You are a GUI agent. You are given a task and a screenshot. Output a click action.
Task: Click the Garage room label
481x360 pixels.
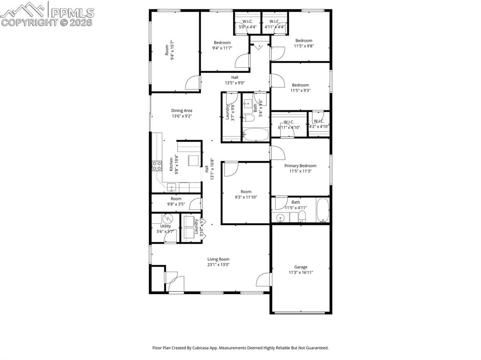click(301, 267)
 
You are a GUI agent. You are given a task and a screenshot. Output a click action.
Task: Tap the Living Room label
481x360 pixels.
click(218, 259)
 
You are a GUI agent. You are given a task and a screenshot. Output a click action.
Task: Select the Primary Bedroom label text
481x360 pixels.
click(300, 166)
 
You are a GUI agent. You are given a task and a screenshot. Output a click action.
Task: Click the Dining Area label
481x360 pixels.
click(181, 111)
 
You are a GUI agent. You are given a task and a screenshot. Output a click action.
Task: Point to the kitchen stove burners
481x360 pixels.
click(156, 165)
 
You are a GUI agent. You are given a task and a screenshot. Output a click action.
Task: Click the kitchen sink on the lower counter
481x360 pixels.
click(172, 188)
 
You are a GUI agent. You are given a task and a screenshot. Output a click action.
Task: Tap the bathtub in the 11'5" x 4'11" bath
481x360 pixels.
click(323, 211)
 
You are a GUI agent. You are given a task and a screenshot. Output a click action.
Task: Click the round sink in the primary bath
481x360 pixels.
click(280, 217)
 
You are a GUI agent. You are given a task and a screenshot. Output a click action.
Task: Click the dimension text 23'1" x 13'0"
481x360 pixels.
click(218, 265)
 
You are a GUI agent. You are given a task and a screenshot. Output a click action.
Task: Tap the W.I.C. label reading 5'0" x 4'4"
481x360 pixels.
click(247, 27)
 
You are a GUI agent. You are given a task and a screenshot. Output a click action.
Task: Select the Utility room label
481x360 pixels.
click(165, 226)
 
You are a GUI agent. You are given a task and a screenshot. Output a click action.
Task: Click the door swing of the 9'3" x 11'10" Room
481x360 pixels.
click(230, 169)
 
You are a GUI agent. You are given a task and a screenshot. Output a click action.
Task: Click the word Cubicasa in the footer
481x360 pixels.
click(202, 348)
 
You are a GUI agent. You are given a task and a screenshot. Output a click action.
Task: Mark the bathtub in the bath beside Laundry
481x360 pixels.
click(256, 135)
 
